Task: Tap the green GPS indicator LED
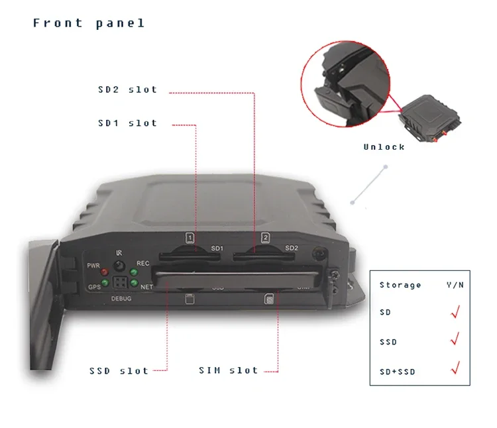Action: click(105, 284)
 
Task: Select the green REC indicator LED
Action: click(133, 272)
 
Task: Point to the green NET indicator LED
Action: click(133, 284)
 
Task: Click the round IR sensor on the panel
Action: click(119, 266)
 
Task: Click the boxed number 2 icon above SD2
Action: click(265, 237)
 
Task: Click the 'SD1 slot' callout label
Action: click(127, 123)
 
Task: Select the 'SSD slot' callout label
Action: click(119, 371)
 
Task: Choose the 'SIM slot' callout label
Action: click(229, 370)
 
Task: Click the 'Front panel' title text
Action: click(89, 23)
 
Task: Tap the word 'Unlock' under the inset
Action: click(384, 147)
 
